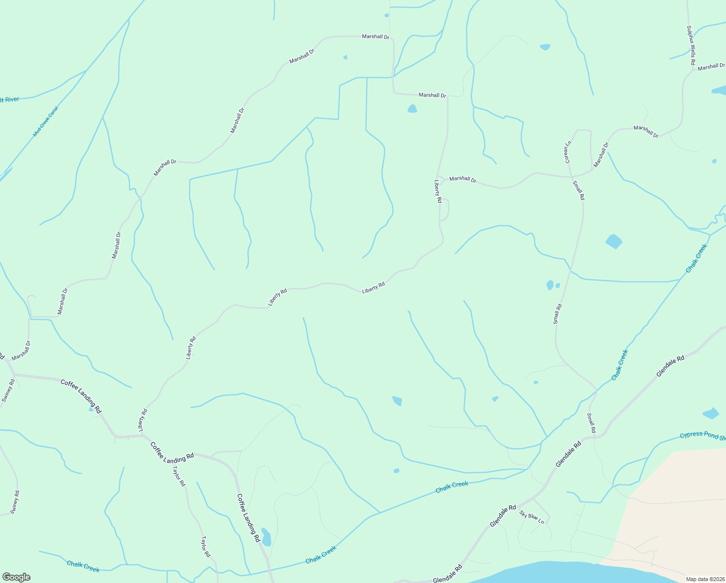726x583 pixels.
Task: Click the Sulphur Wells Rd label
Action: click(691, 46)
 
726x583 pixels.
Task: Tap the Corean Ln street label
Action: click(567, 152)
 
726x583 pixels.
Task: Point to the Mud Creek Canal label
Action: click(45, 121)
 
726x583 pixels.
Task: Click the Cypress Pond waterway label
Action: click(702, 435)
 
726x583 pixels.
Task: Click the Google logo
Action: click(16, 577)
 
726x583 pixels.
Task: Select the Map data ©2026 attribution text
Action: click(705, 579)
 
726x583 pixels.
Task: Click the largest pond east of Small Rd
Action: click(614, 241)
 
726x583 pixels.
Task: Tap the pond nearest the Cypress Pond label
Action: click(711, 413)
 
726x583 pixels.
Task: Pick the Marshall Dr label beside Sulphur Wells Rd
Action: click(711, 67)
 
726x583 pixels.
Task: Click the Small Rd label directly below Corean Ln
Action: click(578, 190)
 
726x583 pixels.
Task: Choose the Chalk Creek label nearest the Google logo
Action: click(83, 566)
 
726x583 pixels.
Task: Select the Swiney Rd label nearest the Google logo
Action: click(15, 502)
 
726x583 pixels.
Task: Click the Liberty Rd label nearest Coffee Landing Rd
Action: click(143, 420)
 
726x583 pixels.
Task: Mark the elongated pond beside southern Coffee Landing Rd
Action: click(266, 537)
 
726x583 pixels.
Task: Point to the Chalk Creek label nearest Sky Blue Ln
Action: click(452, 487)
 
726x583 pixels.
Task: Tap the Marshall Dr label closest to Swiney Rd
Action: click(21, 350)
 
